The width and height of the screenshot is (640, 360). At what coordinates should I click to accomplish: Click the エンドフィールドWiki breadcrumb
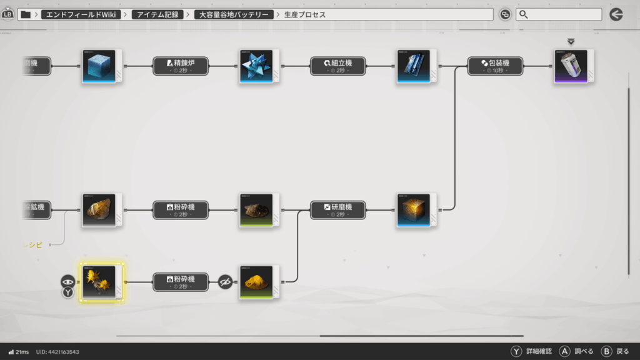(82, 14)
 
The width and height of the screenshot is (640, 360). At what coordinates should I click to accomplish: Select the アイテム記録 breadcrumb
(157, 14)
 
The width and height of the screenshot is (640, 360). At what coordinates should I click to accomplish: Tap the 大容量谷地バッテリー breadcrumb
(234, 14)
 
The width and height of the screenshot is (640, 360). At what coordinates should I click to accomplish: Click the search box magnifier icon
(524, 14)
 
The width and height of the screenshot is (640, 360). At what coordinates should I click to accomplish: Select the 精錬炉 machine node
(181, 66)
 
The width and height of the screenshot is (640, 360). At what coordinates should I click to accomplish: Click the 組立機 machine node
(338, 66)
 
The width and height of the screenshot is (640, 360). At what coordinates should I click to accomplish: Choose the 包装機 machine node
(496, 66)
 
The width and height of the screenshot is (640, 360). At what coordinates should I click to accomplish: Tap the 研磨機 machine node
(338, 210)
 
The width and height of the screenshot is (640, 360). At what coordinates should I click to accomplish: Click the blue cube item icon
(99, 66)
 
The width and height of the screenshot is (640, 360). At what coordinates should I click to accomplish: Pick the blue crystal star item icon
(256, 66)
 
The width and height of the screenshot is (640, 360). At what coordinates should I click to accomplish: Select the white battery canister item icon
(571, 66)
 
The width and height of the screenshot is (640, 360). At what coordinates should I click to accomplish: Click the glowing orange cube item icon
(414, 210)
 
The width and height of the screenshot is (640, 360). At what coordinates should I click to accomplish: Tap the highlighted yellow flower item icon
(99, 282)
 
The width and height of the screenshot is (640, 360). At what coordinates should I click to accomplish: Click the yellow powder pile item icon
(256, 282)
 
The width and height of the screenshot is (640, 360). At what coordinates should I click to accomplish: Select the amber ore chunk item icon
(99, 210)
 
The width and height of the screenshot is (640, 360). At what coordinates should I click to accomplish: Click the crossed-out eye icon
(226, 282)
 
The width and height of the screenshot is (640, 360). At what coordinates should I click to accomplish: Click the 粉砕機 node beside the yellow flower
(181, 282)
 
